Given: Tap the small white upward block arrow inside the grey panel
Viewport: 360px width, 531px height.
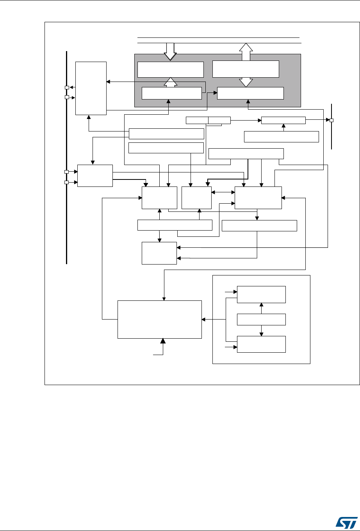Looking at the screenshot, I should [x=170, y=82].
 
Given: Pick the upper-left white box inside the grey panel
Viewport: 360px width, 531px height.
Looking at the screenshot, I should [x=171, y=69].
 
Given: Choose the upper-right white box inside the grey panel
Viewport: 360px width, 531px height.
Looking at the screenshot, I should [x=246, y=69].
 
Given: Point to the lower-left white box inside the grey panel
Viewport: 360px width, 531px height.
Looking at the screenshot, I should [x=171, y=93].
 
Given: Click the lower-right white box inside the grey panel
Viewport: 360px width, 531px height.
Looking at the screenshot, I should [x=250, y=93].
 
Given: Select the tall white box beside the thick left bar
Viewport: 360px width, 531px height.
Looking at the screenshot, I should [x=91, y=88].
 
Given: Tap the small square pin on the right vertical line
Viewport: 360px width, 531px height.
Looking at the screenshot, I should [x=331, y=120].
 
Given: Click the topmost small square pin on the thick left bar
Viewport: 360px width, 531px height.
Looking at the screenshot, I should [x=67, y=87].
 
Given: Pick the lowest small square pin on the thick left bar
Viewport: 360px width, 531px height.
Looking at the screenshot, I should [x=66, y=182].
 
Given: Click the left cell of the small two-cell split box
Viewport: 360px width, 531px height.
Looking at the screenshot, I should [x=197, y=120].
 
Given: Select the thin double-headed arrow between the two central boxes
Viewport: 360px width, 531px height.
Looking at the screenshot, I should [x=223, y=192].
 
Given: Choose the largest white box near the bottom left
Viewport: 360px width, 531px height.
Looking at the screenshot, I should [x=160, y=320].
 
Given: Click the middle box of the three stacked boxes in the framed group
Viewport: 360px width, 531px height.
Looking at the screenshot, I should [x=261, y=320].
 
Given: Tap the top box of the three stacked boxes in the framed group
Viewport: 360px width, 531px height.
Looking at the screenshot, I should [x=261, y=295].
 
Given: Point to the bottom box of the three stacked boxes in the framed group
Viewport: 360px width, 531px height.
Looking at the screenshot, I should [x=261, y=344].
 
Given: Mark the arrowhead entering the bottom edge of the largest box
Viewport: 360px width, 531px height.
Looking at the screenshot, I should [x=163, y=341].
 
